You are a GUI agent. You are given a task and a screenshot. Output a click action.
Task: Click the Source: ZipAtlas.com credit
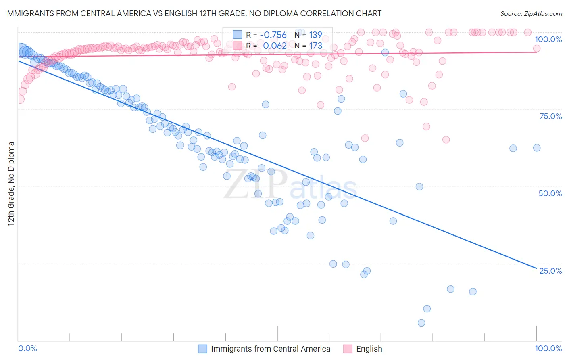pos(531,13)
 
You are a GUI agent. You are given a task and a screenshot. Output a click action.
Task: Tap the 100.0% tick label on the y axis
pos(548,39)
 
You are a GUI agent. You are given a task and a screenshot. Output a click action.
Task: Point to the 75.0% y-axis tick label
pos(550,116)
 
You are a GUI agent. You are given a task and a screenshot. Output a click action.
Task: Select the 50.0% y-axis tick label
pos(550,193)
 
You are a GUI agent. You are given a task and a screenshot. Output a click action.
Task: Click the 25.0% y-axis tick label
pos(550,271)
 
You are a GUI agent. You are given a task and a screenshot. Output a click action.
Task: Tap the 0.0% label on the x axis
pos(28,348)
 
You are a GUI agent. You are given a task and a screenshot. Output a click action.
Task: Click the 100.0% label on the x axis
pos(548,348)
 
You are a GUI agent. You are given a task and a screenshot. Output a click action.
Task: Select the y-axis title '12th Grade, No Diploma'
pos(11,184)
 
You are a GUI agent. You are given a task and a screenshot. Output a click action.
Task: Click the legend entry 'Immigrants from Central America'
pos(270,349)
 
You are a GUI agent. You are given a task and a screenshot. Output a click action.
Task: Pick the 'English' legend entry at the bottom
pos(369,349)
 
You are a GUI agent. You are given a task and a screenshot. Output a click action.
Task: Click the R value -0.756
pos(273,35)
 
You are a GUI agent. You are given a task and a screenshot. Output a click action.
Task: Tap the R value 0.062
pos(275,46)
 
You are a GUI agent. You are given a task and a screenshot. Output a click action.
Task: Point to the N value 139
pos(315,35)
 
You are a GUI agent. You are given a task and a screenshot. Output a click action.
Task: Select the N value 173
pos(315,46)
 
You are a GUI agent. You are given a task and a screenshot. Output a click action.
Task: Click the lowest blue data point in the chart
pos(421,323)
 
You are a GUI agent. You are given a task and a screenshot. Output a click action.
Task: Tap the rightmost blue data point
pos(537,148)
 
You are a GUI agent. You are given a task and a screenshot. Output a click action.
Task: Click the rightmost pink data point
pos(537,48)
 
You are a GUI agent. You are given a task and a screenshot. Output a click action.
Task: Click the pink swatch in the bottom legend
pos(348,349)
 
